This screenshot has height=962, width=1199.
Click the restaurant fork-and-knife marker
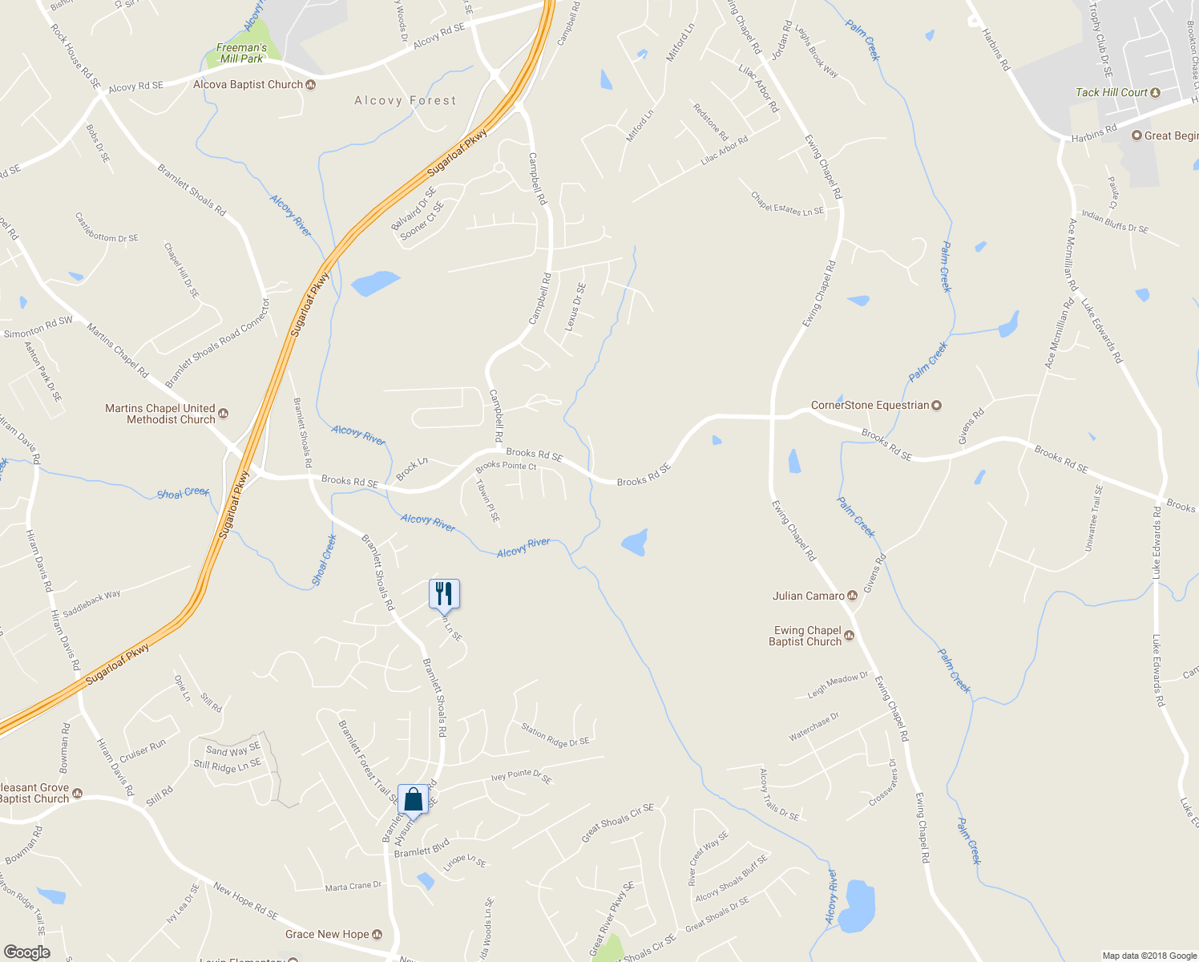click(x=444, y=594)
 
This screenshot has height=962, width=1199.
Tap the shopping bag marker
click(x=413, y=800)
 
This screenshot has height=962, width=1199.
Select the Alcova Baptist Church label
click(x=248, y=84)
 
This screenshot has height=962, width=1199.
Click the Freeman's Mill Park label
click(x=241, y=53)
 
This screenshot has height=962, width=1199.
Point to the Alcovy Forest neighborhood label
click(x=406, y=100)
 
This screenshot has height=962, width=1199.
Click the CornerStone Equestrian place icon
click(x=936, y=406)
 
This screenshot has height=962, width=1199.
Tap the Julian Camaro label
click(x=809, y=596)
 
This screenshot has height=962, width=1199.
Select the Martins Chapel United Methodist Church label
click(x=160, y=414)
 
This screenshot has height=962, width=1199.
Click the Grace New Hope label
click(x=327, y=934)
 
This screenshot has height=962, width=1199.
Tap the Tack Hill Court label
click(x=1112, y=92)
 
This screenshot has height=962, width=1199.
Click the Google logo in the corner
click(x=26, y=952)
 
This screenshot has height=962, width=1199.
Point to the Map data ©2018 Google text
click(x=1149, y=956)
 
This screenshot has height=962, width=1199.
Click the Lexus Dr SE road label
click(x=575, y=307)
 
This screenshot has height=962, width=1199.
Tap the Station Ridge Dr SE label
click(x=555, y=735)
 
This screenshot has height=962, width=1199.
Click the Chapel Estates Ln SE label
click(x=787, y=204)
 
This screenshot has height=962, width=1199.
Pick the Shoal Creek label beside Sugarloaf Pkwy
click(x=184, y=492)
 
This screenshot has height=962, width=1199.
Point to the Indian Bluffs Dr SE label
click(x=1115, y=221)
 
